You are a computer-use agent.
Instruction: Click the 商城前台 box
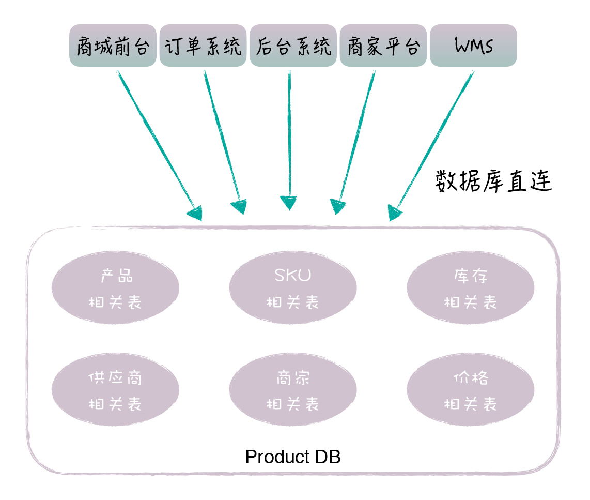coord(113,46)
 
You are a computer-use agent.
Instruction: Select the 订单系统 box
coord(203,46)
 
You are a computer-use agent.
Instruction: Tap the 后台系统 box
coord(293,46)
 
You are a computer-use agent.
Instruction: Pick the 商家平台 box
coord(383,46)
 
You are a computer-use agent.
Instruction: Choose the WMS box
coord(473,46)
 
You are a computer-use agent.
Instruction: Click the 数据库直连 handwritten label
coord(493,181)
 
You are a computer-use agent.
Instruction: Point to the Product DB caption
coord(292,457)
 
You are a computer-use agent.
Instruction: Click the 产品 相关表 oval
coord(115,288)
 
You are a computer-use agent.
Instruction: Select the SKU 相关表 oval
coord(293,288)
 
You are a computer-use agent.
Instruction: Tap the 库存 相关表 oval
coord(470,288)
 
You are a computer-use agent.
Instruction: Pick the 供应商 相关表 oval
coord(115,390)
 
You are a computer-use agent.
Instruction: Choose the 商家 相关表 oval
coord(293,390)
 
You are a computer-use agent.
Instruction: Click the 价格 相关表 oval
coord(470,390)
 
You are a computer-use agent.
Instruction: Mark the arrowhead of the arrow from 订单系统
coord(240,206)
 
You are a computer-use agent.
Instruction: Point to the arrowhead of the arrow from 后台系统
coord(289,203)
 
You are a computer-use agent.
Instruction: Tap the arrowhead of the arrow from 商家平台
coord(337,207)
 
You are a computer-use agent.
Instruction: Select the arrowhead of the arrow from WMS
coord(395,213)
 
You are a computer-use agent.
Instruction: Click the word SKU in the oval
coord(293,275)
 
